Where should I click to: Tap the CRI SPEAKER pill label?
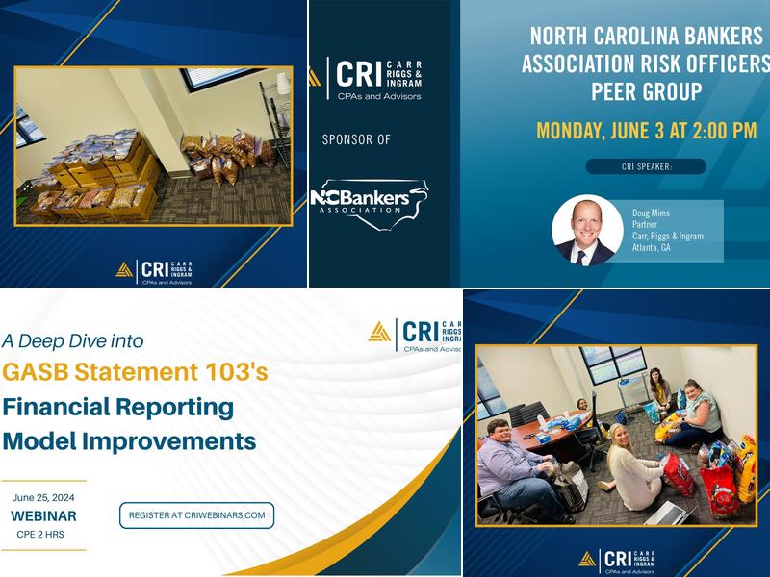[645, 166]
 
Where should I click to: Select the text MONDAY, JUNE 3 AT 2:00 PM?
[646, 131]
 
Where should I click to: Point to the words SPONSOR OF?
[356, 139]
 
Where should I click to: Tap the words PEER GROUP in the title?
[646, 92]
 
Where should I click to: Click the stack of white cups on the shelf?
[281, 84]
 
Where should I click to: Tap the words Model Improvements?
[129, 441]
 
